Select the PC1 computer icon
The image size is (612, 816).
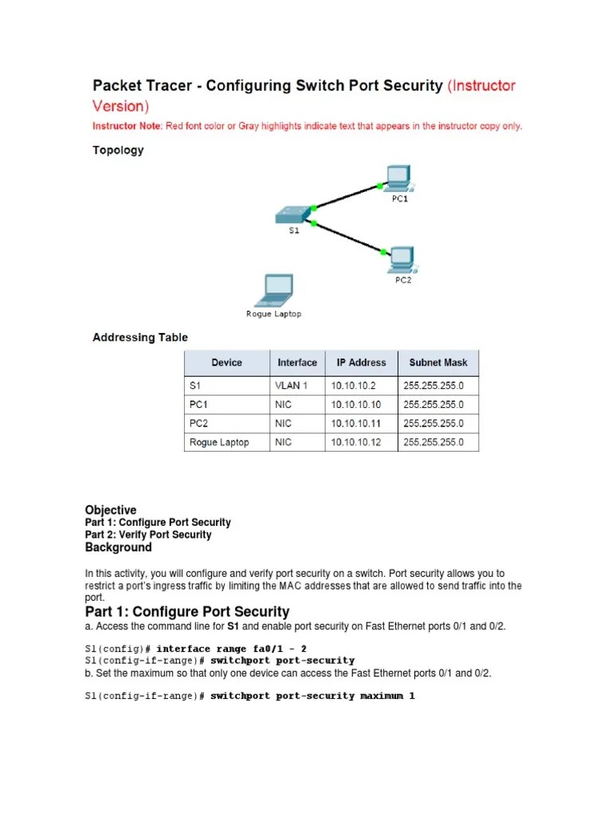pyautogui.click(x=397, y=178)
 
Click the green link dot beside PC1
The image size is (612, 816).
pyautogui.click(x=379, y=186)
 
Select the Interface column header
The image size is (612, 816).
pyautogui.click(x=296, y=363)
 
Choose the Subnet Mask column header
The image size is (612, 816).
pyautogui.click(x=438, y=363)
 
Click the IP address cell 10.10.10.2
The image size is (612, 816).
pyautogui.click(x=351, y=386)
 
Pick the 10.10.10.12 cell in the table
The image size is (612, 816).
pyautogui.click(x=355, y=442)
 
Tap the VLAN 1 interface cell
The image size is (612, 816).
pyautogui.click(x=292, y=386)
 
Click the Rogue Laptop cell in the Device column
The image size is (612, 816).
pyautogui.click(x=219, y=442)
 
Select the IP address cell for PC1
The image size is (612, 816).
pyautogui.click(x=355, y=405)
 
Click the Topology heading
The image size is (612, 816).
pyautogui.click(x=118, y=150)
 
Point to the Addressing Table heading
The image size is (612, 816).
pyautogui.click(x=140, y=337)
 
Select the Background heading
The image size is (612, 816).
pyautogui.click(x=118, y=547)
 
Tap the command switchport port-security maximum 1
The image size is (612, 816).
pyautogui.click(x=312, y=696)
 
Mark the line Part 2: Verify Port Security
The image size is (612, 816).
pyautogui.click(x=148, y=535)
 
